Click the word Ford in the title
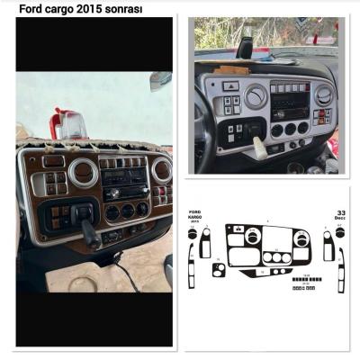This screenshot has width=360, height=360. (31, 8)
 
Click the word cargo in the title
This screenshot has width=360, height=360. (64, 8)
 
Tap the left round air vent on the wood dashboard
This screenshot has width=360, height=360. (84, 172)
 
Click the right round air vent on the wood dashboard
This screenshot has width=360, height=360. (161, 170)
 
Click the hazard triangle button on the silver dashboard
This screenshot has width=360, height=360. (231, 87)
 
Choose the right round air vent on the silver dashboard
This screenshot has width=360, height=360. (323, 94)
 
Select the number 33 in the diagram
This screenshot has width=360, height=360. (341, 212)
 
